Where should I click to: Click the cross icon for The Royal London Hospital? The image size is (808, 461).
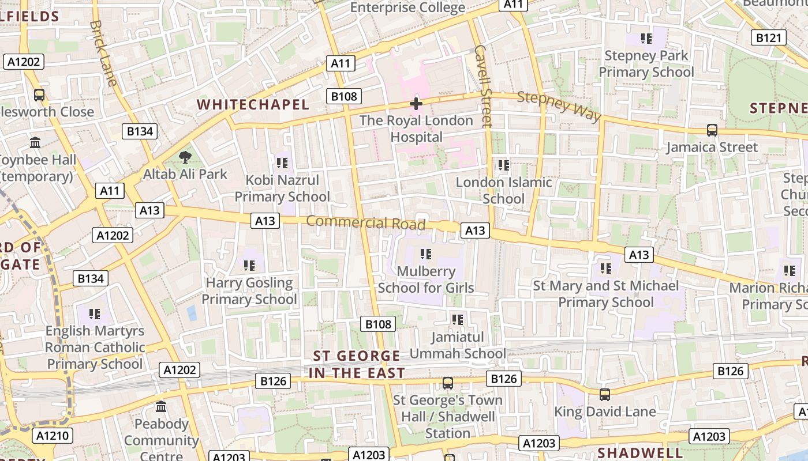pyautogui.click(x=416, y=104)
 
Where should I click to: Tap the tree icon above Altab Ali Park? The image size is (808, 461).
pyautogui.click(x=185, y=157)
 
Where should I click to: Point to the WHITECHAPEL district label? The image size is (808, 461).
pyautogui.click(x=253, y=104)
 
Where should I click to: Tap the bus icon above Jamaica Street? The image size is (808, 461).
pyautogui.click(x=712, y=130)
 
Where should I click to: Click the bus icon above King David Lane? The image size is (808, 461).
pyautogui.click(x=604, y=395)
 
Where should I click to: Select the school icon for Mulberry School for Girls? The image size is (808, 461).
pyautogui.click(x=426, y=254)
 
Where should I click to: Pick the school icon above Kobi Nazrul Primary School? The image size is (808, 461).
pyautogui.click(x=282, y=163)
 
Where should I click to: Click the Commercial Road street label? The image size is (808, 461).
pyautogui.click(x=366, y=222)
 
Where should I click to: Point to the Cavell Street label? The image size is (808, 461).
pyautogui.click(x=482, y=86)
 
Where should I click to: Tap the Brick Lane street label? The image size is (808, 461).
pyautogui.click(x=104, y=53)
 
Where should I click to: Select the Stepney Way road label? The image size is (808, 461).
pyautogui.click(x=559, y=107)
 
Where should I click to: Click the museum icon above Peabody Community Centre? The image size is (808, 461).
pyautogui.click(x=161, y=407)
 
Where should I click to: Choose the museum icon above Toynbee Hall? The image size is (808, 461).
pyautogui.click(x=35, y=142)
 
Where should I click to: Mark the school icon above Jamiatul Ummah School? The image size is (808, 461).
pyautogui.click(x=458, y=319)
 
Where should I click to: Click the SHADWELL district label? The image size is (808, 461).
pyautogui.click(x=640, y=452)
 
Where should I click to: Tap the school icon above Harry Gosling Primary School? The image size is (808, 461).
pyautogui.click(x=249, y=266)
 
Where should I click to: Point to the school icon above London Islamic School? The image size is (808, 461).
pyautogui.click(x=503, y=165)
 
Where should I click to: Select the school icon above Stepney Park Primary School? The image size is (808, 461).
pyautogui.click(x=646, y=39)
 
